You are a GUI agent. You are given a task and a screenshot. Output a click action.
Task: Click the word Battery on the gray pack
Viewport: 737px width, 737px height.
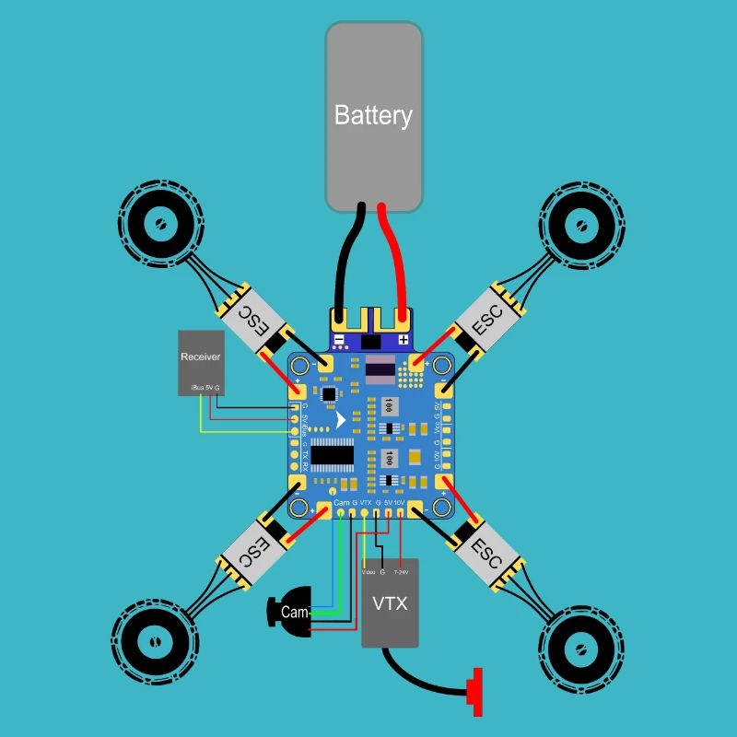pos(373,116)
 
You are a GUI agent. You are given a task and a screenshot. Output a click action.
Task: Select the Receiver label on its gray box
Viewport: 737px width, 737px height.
pos(200,357)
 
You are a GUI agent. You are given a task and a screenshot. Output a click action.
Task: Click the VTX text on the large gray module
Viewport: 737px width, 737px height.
pos(389,604)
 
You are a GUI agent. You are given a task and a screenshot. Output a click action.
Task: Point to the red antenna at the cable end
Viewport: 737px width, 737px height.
pos(476,691)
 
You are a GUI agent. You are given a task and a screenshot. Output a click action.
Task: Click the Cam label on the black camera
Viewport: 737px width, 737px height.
pos(295,612)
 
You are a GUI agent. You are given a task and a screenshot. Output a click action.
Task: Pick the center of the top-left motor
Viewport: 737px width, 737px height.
pos(158,223)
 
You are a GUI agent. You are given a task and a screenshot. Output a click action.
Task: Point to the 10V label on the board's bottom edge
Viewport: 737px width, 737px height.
pos(399,502)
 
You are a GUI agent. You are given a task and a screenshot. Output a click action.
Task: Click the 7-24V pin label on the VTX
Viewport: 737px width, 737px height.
pos(401,572)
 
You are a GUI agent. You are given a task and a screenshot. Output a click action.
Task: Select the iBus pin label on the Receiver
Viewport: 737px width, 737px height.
pos(196,388)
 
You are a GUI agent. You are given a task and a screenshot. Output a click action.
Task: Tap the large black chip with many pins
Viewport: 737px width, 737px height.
pos(333,454)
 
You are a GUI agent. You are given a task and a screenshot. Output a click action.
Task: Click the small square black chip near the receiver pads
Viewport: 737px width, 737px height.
pos(329,393)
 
